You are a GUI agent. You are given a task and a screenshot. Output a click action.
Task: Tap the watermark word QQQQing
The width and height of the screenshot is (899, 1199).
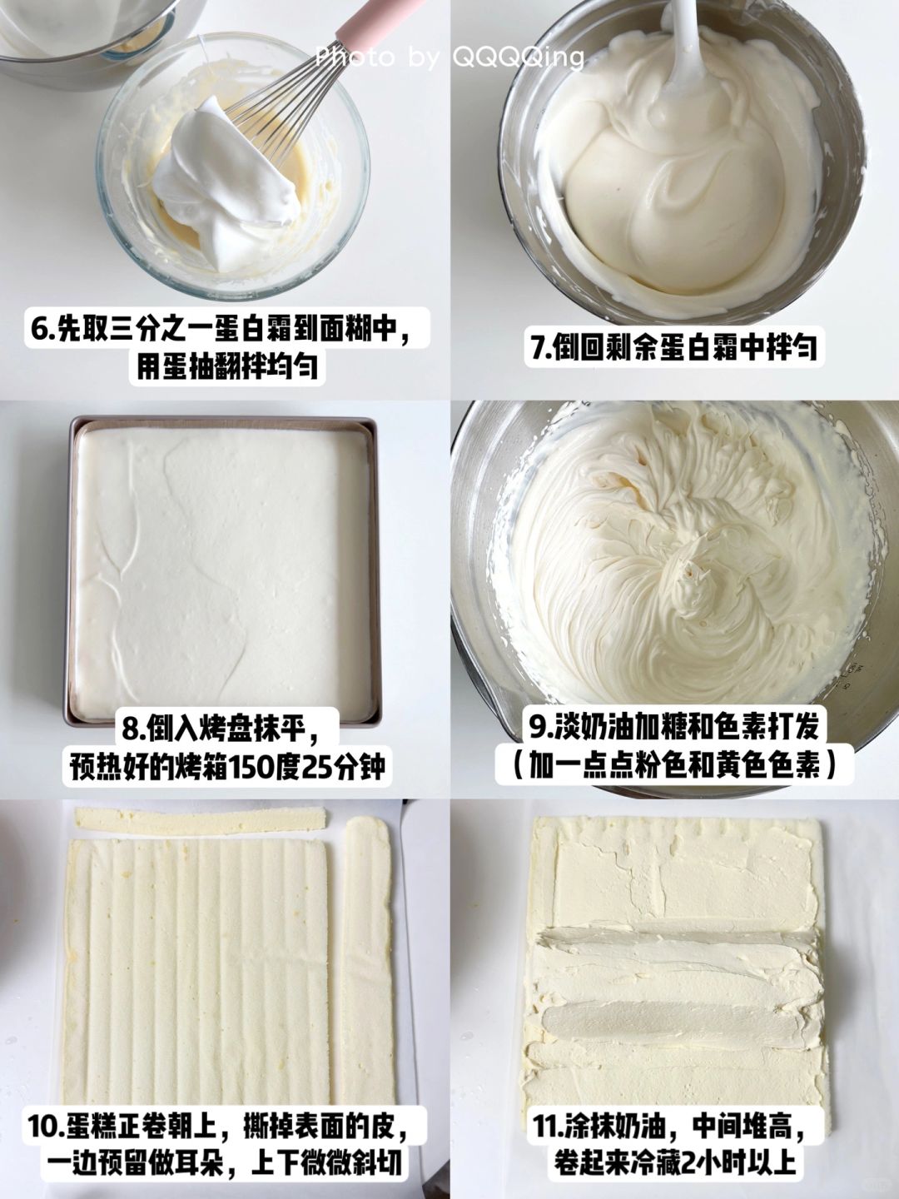pyautogui.click(x=518, y=57)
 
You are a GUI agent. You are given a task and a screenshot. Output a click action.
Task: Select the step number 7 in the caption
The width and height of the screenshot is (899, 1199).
pyautogui.click(x=538, y=347)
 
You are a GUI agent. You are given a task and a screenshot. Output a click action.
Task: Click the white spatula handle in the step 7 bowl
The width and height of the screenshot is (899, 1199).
pyautogui.click(x=683, y=43)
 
